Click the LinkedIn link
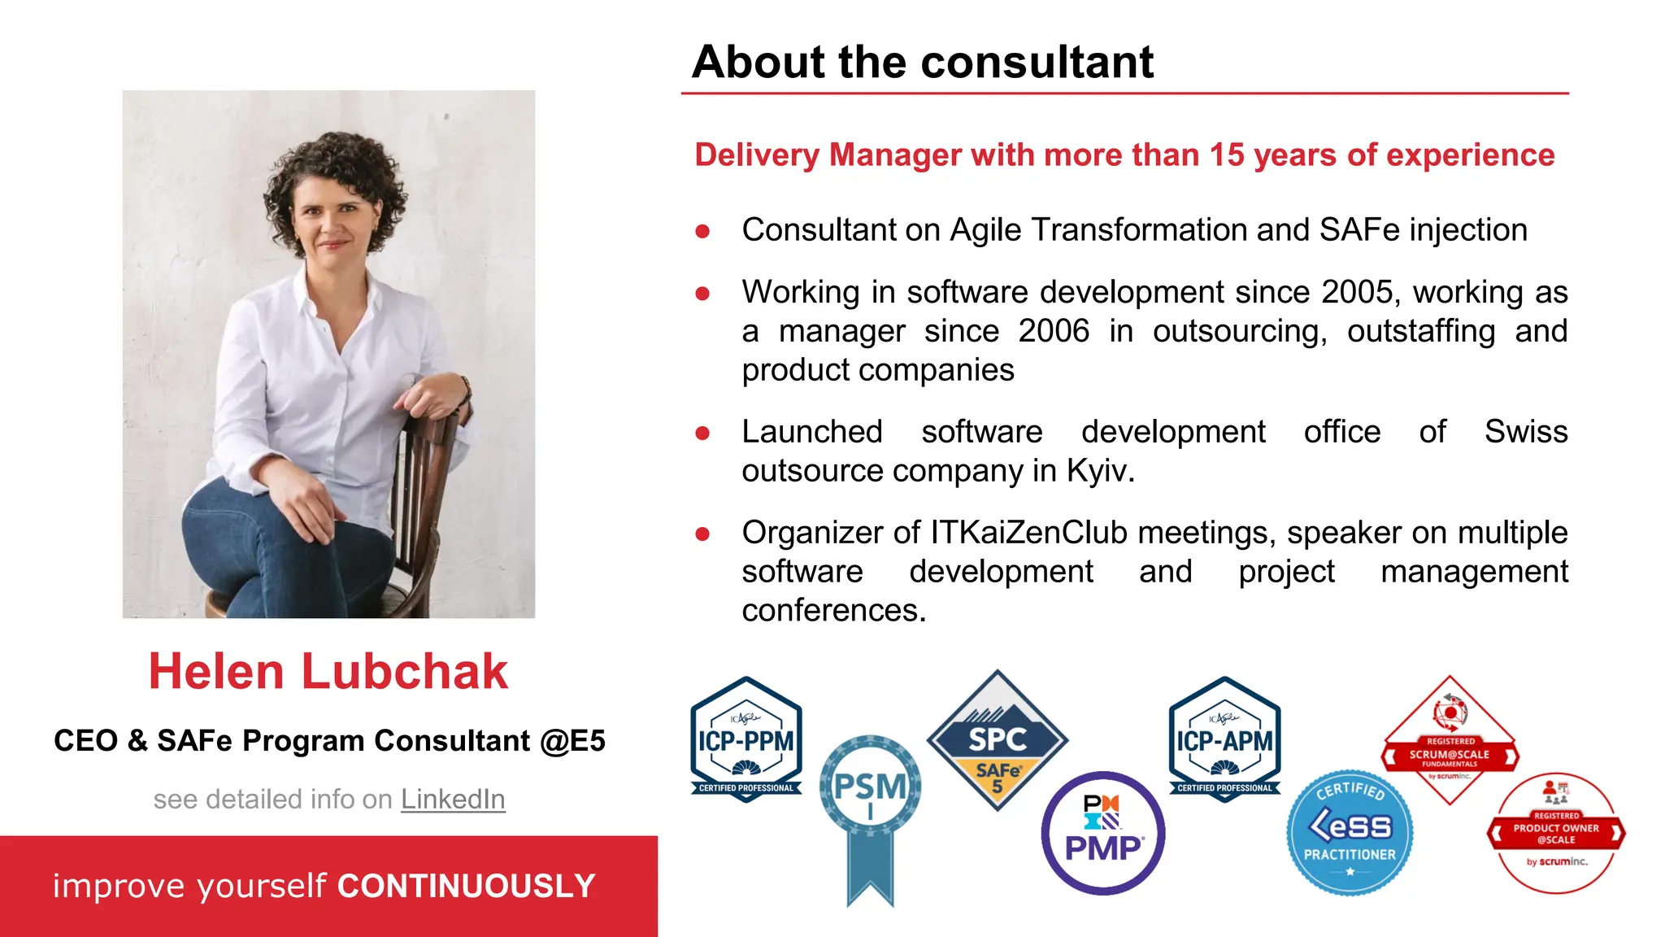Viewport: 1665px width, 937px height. coord(453,800)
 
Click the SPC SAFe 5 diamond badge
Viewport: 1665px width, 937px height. coord(998,740)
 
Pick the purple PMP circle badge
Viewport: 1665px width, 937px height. coord(1103,834)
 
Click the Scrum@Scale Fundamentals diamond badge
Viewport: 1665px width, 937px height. coord(1450,736)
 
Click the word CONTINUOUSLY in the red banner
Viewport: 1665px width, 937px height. coord(467,886)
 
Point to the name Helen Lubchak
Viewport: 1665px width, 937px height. coord(328,672)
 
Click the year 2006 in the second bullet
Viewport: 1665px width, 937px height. coord(1054,331)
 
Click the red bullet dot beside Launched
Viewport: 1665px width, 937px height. coord(702,434)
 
